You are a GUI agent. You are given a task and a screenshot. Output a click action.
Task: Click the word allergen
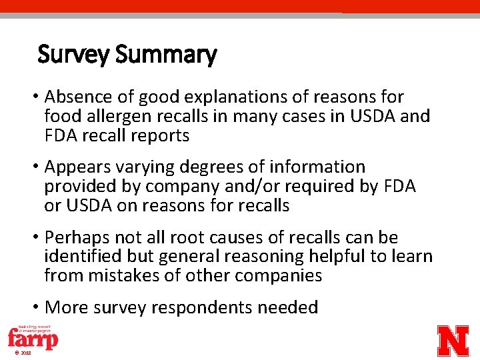click(x=110, y=117)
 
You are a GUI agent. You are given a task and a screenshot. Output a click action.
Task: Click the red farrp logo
click(x=33, y=339)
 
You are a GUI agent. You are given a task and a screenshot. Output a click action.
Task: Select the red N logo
click(x=453, y=341)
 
